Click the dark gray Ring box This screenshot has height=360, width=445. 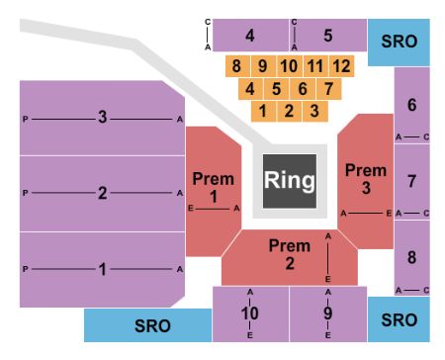[290, 180]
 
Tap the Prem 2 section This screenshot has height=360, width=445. [289, 255]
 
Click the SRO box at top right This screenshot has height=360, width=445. [400, 41]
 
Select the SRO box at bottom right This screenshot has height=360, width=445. [400, 320]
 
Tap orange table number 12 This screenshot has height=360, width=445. [341, 66]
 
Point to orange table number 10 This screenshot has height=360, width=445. [289, 66]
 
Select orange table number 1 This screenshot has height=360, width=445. [263, 111]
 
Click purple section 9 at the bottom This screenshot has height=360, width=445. [327, 314]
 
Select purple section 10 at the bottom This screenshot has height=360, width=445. [251, 314]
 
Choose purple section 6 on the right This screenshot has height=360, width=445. [412, 105]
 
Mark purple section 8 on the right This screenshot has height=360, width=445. [412, 257]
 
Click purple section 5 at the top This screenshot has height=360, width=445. [329, 36]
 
